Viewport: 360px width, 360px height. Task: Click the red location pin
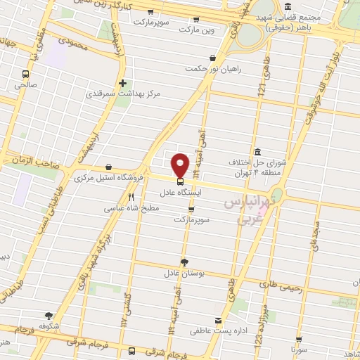pos(180,165)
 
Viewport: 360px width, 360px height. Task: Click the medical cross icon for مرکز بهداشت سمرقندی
pos(123,83)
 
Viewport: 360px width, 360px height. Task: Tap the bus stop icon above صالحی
pos(26,74)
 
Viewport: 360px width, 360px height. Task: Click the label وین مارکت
pos(196,30)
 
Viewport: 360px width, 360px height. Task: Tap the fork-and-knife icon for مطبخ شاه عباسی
pos(130,198)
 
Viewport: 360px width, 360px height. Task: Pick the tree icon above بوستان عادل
pos(184,262)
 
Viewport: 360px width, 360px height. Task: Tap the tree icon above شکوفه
pos(48,316)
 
